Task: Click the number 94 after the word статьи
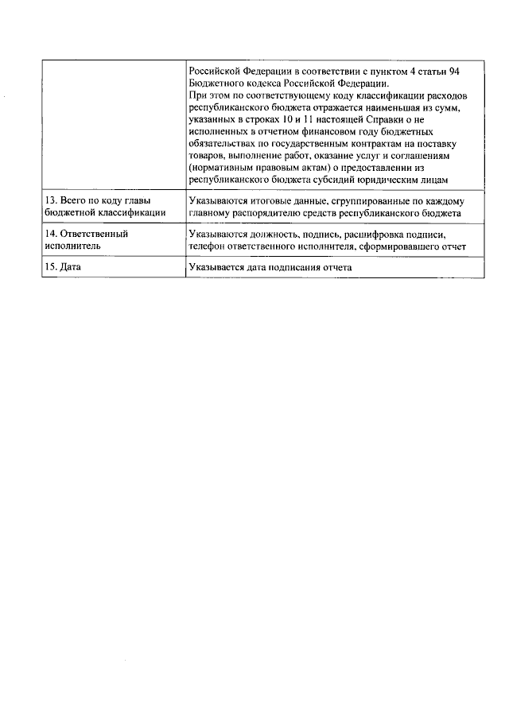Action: (454, 72)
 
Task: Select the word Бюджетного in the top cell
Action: (216, 83)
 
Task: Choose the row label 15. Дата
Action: (64, 268)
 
